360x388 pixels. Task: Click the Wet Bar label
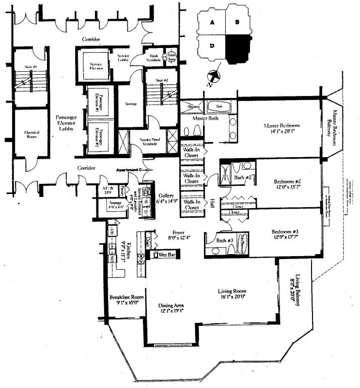click(x=167, y=255)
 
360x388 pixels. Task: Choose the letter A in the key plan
click(x=214, y=23)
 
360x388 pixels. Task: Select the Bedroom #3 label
click(x=287, y=235)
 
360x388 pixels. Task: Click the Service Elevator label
click(x=96, y=67)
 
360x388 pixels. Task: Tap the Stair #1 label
click(x=23, y=66)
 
